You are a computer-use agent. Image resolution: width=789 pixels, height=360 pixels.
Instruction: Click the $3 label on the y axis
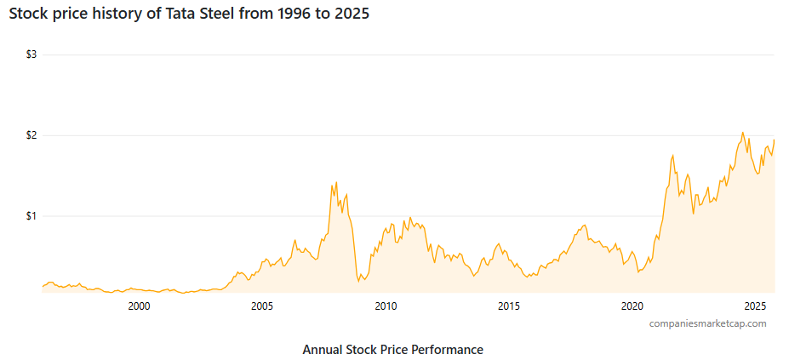coord(31,54)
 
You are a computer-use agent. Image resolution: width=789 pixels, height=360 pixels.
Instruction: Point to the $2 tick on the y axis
coord(31,135)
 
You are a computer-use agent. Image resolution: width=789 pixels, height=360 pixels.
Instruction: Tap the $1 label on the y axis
coord(31,216)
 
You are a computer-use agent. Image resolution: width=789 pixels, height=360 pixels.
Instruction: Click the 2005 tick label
coord(261,306)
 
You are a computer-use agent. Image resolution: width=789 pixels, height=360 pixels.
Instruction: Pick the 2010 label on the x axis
coord(385,306)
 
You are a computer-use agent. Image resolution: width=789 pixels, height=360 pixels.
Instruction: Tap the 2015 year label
coord(508,306)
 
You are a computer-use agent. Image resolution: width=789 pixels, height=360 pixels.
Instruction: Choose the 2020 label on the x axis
coord(632,306)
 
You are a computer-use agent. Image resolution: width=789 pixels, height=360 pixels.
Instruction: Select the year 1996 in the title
coord(283,14)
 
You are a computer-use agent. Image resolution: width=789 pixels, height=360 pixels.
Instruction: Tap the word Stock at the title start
coord(28,14)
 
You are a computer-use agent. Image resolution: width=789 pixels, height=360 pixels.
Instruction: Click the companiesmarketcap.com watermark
coord(707,323)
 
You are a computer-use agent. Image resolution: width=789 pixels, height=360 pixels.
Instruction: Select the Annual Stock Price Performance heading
coord(392,350)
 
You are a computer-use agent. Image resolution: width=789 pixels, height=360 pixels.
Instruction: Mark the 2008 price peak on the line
coord(336,181)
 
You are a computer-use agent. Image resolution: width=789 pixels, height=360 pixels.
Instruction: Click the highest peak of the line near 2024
coord(742,133)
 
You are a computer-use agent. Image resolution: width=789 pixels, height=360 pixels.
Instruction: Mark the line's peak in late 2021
coord(673,155)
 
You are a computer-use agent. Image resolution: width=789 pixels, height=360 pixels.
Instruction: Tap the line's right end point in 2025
coord(774,140)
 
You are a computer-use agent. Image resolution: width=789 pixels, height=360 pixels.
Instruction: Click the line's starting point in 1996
coord(43,287)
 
